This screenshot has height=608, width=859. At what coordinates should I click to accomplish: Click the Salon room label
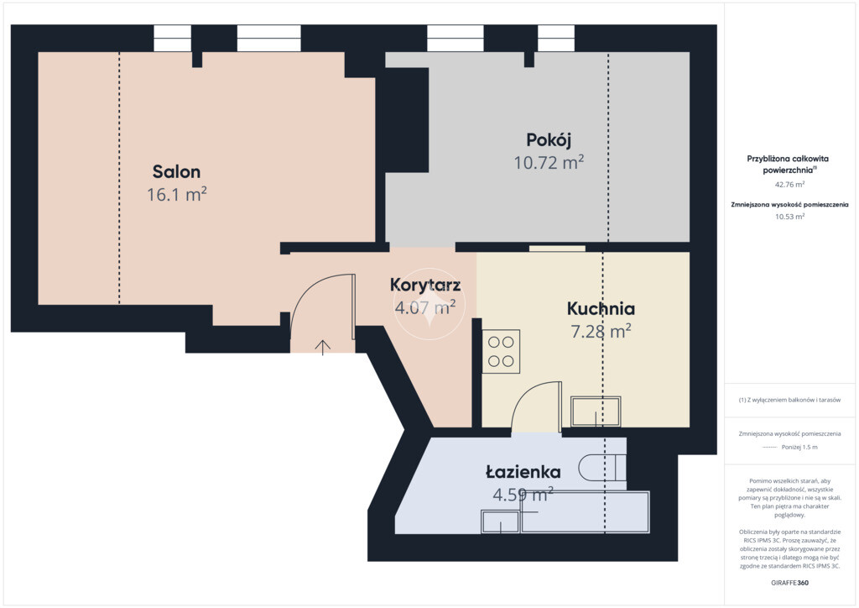coord(176,171)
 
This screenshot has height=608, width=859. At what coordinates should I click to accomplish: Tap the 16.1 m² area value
coord(176,194)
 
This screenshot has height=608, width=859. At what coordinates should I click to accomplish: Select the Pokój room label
coord(549,140)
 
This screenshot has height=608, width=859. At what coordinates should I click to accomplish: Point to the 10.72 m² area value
coord(549,162)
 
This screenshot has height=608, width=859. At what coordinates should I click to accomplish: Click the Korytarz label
coord(425,285)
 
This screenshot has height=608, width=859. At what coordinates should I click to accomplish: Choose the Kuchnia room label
coord(601,309)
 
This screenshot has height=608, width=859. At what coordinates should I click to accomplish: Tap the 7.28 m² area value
coord(601,331)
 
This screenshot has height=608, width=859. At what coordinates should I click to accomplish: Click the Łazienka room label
coord(523,471)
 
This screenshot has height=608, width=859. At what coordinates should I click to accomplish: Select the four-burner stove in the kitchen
coord(501,351)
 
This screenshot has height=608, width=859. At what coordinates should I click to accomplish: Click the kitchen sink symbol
coord(596,411)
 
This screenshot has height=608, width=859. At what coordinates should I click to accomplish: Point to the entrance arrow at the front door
coord(323,347)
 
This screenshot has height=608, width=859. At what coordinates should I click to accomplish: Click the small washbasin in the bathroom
coord(500,522)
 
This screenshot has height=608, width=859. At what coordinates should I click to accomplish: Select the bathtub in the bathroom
coord(585,512)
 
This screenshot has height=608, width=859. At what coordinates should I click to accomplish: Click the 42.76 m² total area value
coord(789,185)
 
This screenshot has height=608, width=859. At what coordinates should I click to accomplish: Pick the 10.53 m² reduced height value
coord(789,217)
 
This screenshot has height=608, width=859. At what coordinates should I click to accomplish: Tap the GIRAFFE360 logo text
coord(789,583)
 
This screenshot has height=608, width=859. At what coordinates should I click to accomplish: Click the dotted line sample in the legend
coord(770,448)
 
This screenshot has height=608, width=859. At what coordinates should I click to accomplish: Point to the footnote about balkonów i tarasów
coord(789,401)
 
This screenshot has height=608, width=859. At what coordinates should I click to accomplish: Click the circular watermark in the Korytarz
coord(429,303)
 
